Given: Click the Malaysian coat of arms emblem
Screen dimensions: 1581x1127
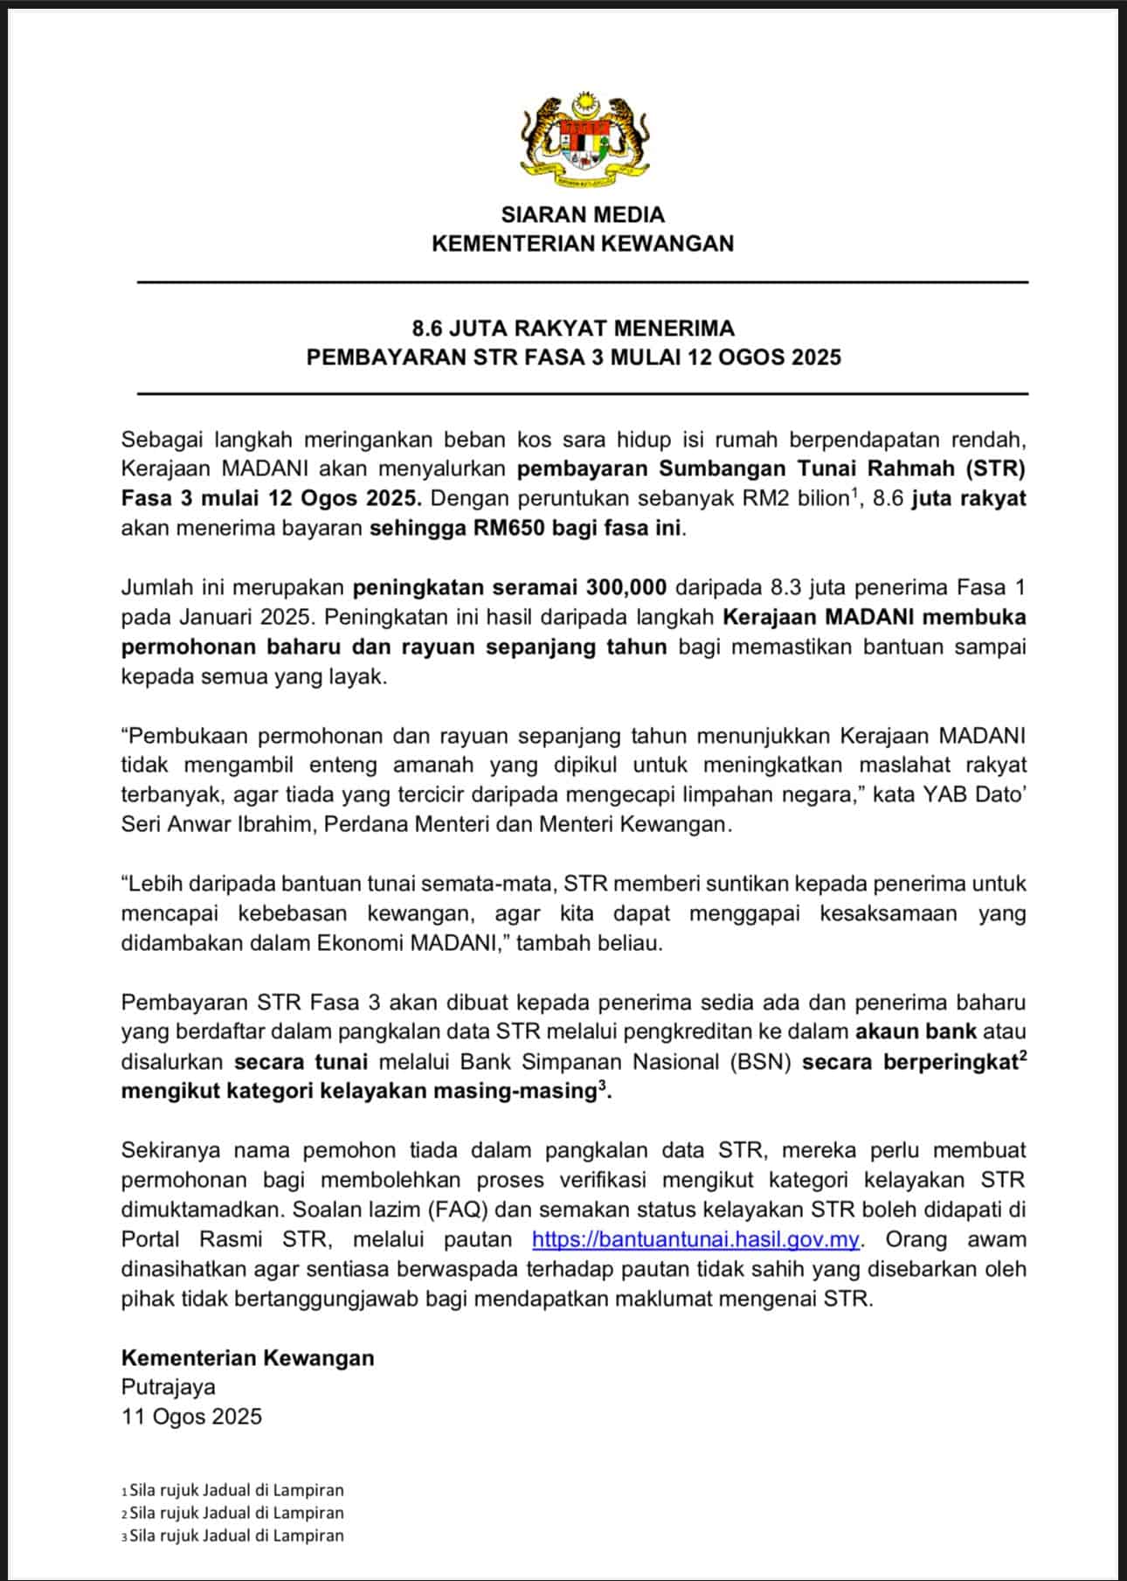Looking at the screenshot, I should [x=583, y=139].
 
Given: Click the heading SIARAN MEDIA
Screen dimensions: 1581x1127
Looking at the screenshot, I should [x=583, y=215].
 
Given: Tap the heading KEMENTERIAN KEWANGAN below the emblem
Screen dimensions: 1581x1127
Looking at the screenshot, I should [x=583, y=244].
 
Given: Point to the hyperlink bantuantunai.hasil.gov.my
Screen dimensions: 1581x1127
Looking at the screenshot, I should [x=695, y=1239].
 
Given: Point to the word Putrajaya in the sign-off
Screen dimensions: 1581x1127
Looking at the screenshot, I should [x=169, y=1387].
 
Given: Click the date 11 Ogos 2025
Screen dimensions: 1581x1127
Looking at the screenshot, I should [x=191, y=1417].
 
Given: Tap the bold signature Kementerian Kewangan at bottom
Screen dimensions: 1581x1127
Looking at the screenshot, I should [x=247, y=1357].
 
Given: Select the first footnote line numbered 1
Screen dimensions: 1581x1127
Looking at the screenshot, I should [x=233, y=1490].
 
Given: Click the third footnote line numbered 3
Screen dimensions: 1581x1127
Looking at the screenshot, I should [x=233, y=1536].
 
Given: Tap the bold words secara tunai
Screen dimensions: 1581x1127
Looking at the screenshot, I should [x=301, y=1062].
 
